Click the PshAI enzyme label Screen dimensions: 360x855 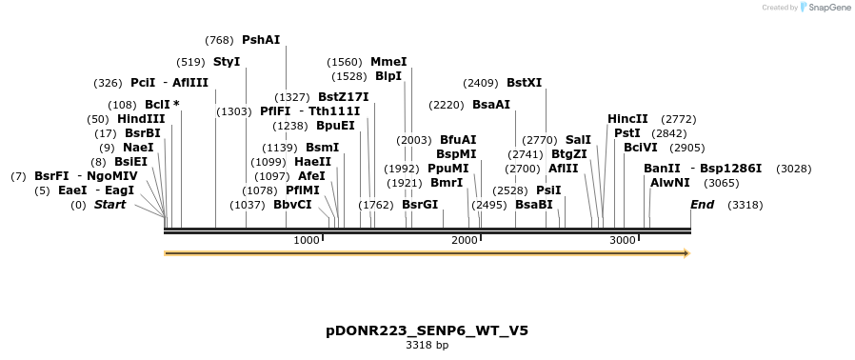click(x=261, y=40)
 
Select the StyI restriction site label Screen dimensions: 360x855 click(x=227, y=62)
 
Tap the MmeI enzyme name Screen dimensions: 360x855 click(x=388, y=62)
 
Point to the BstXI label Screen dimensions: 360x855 click(x=524, y=83)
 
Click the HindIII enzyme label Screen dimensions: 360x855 click(x=141, y=119)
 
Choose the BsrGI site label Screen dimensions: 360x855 click(x=420, y=205)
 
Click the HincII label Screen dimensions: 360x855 click(x=627, y=119)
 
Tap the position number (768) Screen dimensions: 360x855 click(x=219, y=40)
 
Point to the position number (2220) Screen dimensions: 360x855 click(x=447, y=105)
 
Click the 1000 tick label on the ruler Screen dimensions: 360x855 click(x=307, y=240)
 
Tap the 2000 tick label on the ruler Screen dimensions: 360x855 click(x=465, y=240)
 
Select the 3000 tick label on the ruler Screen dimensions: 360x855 click(x=623, y=240)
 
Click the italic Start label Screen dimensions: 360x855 click(x=109, y=205)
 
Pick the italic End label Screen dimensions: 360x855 click(x=702, y=205)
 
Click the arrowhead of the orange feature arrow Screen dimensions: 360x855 click(x=685, y=253)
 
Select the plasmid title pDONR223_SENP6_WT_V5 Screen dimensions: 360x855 click(x=427, y=330)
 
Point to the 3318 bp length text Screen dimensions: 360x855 click(x=427, y=345)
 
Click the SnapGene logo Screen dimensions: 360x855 click(x=825, y=8)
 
